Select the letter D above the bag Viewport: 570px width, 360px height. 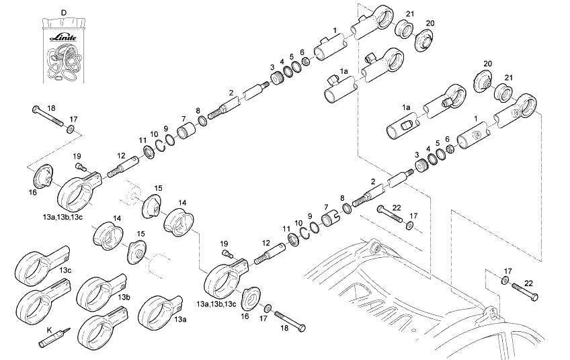[x=64, y=13]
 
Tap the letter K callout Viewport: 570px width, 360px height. [x=48, y=330]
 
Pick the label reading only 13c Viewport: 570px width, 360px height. [x=65, y=270]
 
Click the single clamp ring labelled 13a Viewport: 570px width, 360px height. [x=157, y=310]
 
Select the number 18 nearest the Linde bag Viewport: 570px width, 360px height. [x=51, y=107]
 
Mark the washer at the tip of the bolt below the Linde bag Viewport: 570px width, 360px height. [x=71, y=128]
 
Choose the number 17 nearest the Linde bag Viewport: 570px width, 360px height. [x=73, y=120]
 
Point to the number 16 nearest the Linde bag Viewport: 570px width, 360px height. [x=33, y=192]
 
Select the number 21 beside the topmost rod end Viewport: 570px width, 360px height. [x=410, y=14]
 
